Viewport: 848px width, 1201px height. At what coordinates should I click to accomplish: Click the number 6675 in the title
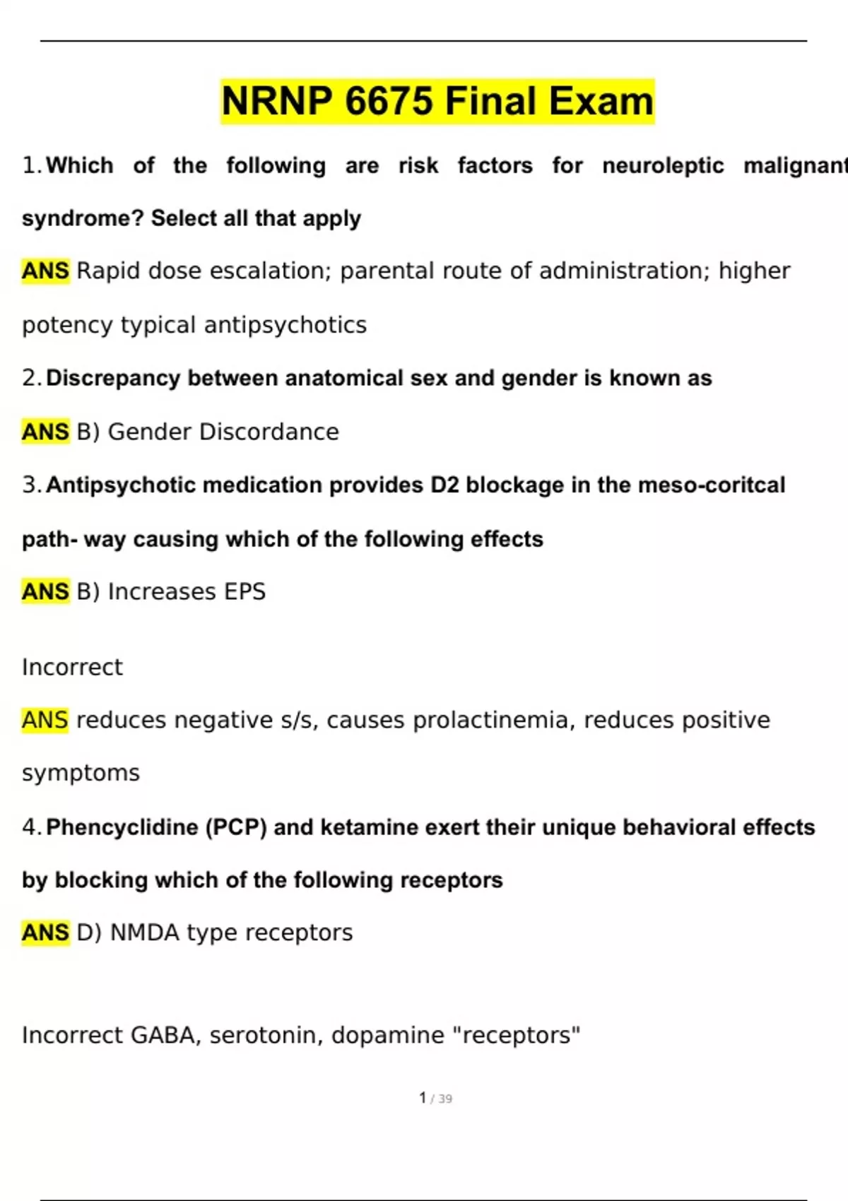[x=389, y=101]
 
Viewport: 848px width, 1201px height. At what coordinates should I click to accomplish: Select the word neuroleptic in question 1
[x=663, y=165]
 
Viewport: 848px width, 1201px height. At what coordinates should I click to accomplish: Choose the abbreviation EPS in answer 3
[x=245, y=591]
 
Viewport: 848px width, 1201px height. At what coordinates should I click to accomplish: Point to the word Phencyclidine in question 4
[x=122, y=827]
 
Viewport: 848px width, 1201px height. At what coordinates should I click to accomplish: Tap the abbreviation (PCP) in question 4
[x=236, y=827]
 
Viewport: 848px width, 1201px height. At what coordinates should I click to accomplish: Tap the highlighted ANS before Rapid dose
[x=45, y=271]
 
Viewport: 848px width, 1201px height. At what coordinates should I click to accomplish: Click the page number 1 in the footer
[x=423, y=1098]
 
